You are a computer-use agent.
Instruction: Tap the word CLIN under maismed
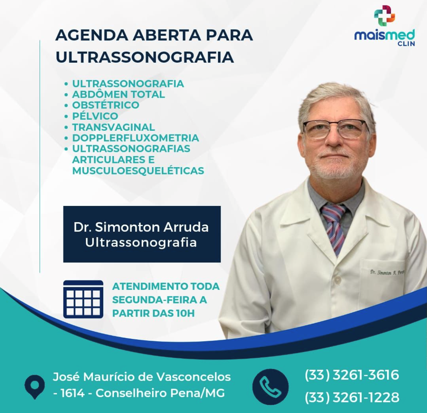[406, 44]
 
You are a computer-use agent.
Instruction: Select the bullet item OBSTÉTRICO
[106, 105]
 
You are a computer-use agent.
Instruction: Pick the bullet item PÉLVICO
[95, 116]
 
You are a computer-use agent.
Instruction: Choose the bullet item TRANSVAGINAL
[113, 127]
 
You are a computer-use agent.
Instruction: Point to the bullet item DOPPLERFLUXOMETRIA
[135, 138]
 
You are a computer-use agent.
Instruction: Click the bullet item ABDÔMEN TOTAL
[119, 94]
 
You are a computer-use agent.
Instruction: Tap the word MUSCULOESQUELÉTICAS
[138, 171]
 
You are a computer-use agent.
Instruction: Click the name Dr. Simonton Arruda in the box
[141, 227]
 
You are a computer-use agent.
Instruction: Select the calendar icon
[83, 299]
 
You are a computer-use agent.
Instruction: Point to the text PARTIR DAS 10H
[153, 313]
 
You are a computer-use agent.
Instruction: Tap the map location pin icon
[35, 387]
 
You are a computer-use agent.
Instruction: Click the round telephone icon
[270, 386]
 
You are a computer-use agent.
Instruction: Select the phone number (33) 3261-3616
[352, 375]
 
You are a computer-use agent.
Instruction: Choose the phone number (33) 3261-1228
[352, 397]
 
